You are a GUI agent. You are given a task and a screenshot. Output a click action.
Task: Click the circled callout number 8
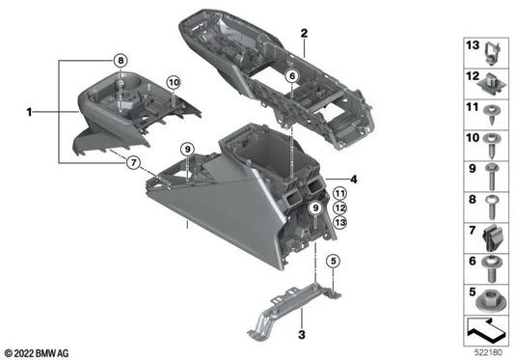(121, 61)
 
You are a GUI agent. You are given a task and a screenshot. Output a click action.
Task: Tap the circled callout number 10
(174, 83)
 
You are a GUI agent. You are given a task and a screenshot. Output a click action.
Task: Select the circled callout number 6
(292, 76)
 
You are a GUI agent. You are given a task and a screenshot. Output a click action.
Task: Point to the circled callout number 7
(133, 162)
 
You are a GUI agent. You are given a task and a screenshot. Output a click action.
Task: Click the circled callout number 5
(334, 262)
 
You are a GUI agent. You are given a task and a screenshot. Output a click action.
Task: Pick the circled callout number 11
(339, 194)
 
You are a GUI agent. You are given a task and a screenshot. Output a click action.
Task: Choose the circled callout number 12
(339, 208)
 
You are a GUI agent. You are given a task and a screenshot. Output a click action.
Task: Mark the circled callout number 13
(339, 223)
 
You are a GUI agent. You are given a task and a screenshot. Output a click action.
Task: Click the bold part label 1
(30, 112)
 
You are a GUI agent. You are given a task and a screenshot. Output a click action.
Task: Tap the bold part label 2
(304, 33)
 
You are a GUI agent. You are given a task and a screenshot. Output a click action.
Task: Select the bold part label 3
(302, 335)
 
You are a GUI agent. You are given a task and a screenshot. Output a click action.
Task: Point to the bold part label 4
(353, 180)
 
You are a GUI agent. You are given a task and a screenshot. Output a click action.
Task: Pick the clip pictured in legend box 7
(491, 238)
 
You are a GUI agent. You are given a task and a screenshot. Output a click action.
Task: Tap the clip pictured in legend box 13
(492, 52)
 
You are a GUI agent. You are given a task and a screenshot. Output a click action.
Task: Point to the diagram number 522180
(488, 353)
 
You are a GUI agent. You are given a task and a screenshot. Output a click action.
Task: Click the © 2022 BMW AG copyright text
(37, 353)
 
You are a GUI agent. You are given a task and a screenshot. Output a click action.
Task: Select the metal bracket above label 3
(294, 309)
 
